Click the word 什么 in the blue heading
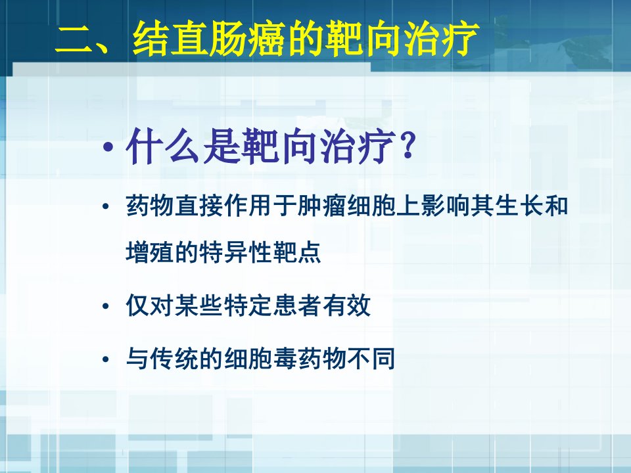click(162, 146)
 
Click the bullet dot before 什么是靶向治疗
click(107, 146)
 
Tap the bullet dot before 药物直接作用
click(105, 207)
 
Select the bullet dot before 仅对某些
click(105, 307)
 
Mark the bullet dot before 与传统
click(105, 359)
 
